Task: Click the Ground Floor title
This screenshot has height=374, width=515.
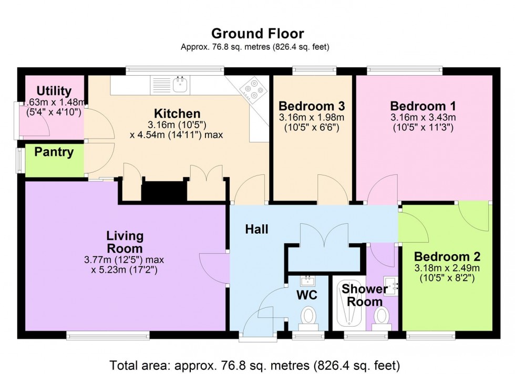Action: coord(257,34)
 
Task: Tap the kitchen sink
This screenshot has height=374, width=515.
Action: coord(180,83)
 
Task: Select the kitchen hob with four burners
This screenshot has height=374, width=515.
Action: coord(252,89)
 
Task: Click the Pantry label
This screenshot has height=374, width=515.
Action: coord(54,152)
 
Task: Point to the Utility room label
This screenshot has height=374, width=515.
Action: coord(54,91)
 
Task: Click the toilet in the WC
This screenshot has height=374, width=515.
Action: coord(308,317)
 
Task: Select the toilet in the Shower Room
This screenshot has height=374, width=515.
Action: coord(381,317)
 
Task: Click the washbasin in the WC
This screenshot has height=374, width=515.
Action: coord(308,280)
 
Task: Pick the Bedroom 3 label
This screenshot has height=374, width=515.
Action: coord(311,106)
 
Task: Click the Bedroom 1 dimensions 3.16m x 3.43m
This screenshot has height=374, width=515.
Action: coord(423,117)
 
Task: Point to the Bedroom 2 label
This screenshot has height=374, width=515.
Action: coord(447,257)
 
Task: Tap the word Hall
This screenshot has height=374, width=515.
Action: coord(256,229)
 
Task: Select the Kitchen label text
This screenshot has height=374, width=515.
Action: coord(177,113)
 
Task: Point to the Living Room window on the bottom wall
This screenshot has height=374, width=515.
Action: coord(108,335)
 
